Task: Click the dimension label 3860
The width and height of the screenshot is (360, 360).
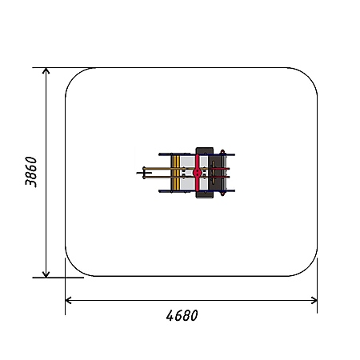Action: click(x=31, y=172)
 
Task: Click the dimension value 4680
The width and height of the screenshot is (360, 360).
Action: click(x=182, y=315)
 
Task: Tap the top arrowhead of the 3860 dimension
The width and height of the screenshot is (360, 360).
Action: click(x=46, y=70)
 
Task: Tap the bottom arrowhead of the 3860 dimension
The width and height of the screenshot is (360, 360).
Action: click(x=46, y=274)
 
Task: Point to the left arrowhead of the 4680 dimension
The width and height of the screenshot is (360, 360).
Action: click(x=68, y=300)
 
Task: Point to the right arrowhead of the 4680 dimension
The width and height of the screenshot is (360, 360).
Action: click(x=314, y=300)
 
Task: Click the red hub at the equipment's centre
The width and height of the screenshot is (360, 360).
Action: click(x=197, y=173)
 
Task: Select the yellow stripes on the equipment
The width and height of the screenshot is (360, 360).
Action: click(x=175, y=172)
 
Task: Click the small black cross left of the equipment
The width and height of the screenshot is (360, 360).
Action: click(x=144, y=173)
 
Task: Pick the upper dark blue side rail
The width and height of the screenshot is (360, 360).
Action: click(x=197, y=154)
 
